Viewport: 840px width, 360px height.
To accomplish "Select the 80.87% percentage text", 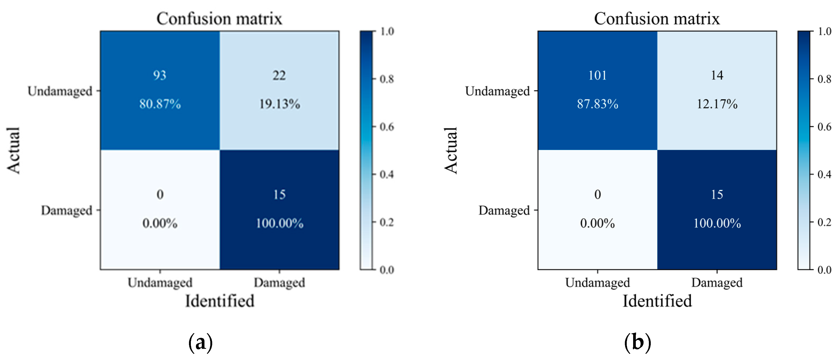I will (160, 104).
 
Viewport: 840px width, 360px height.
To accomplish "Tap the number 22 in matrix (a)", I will (279, 75).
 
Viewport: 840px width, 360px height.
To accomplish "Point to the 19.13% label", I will (279, 104).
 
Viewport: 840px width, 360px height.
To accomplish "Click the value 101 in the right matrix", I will (597, 75).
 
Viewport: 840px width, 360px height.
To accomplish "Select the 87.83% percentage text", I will (597, 104).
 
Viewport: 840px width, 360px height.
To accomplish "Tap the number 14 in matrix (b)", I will (717, 75).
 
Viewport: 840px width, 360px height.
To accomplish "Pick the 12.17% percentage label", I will (717, 104).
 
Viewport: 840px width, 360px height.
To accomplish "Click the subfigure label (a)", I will (200, 342).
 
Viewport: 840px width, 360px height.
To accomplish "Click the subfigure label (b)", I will (637, 342).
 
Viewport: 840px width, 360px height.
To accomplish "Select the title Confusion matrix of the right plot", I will (656, 19).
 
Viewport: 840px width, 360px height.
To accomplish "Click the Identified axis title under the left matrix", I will (219, 301).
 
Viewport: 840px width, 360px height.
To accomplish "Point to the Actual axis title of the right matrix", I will (451, 150).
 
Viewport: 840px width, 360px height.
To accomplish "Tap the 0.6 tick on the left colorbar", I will (387, 127).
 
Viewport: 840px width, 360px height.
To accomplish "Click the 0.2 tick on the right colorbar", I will (824, 222).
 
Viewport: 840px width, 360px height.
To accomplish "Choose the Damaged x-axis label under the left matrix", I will (279, 282).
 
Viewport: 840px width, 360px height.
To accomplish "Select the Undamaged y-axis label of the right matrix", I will (497, 91).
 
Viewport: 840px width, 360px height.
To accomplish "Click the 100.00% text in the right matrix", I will (717, 223).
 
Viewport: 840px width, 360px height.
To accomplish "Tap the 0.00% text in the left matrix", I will (160, 223).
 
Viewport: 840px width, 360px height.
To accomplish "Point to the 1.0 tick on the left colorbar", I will (387, 32).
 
